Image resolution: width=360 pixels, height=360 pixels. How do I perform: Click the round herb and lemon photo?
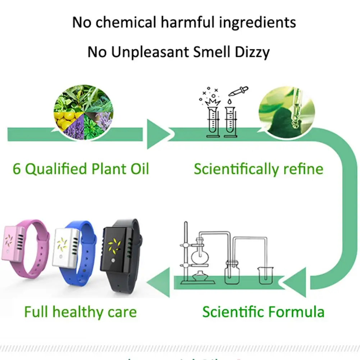(83, 111)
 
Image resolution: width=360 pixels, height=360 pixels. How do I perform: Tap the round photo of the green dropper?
(286, 109)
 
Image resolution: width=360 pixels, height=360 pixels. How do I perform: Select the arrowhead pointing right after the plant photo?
(158, 134)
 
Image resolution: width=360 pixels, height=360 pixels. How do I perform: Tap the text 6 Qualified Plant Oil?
(81, 168)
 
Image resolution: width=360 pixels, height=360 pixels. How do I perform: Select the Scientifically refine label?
(258, 169)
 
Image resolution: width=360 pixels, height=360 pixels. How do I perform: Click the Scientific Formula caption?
(263, 311)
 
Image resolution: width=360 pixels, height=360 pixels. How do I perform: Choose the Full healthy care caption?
(80, 311)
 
